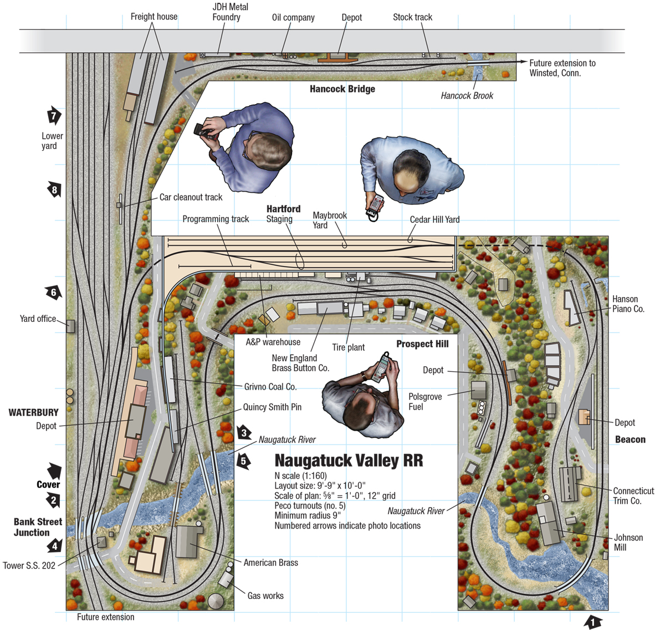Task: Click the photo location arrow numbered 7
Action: (x=54, y=115)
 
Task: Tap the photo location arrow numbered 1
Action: (x=592, y=622)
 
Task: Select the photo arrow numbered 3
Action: (x=244, y=432)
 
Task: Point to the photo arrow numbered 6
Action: (x=53, y=292)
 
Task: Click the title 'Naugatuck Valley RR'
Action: (x=349, y=460)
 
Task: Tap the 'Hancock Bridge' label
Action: (x=342, y=89)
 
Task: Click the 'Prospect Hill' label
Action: (x=422, y=344)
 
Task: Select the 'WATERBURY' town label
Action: (x=33, y=412)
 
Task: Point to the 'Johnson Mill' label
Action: (x=627, y=542)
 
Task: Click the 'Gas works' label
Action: (x=265, y=596)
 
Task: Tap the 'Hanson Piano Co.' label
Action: (x=628, y=304)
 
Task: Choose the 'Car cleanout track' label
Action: (x=191, y=197)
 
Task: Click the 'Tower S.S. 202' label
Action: (x=29, y=566)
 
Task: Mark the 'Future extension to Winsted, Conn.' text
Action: (x=562, y=68)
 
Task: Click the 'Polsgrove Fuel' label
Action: (x=425, y=402)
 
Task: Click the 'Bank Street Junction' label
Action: (x=38, y=527)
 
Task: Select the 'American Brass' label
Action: (x=270, y=562)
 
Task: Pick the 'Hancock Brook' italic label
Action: (x=467, y=96)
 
